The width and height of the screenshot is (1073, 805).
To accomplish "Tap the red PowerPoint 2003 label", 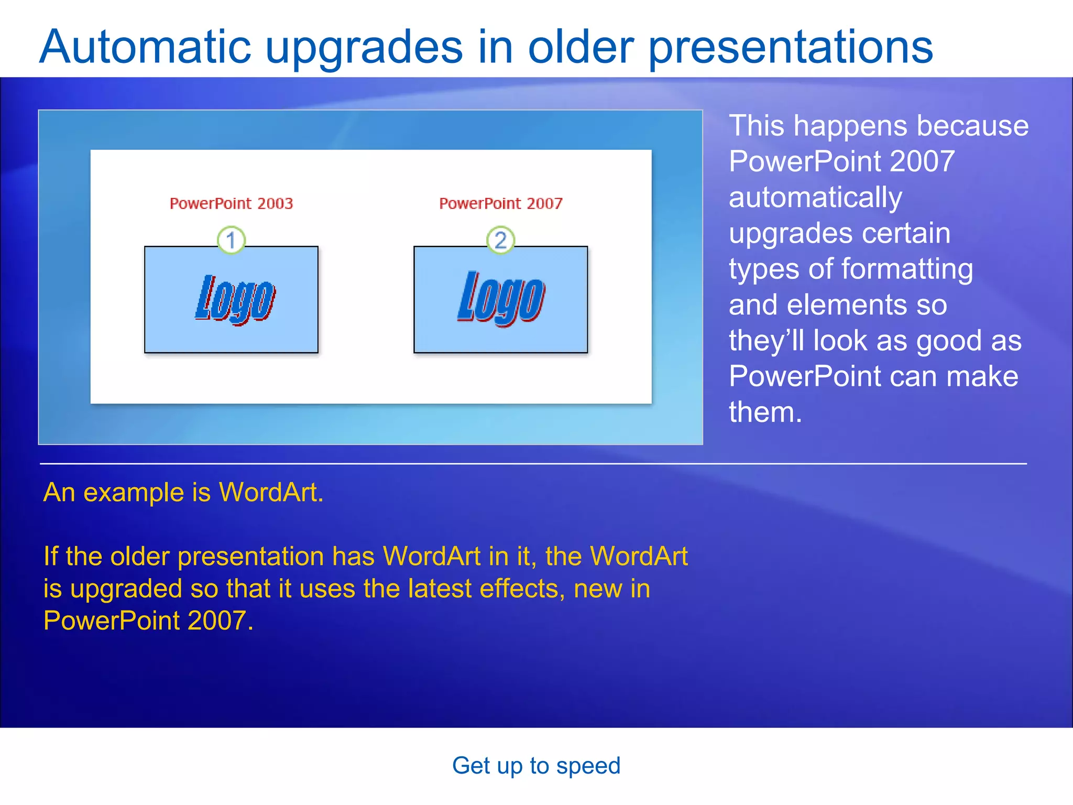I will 231,203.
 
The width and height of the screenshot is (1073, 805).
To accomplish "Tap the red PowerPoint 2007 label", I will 500,203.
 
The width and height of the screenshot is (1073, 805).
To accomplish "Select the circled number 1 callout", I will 231,240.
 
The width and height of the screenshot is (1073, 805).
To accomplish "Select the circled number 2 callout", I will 500,240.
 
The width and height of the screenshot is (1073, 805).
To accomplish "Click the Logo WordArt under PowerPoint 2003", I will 234,299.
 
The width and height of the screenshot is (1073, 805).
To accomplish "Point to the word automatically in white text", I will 815,198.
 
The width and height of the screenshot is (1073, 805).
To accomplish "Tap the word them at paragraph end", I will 764,412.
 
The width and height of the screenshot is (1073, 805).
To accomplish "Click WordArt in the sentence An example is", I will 270,493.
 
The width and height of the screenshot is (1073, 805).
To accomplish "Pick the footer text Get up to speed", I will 536,766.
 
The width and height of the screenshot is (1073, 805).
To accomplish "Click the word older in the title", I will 581,47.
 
